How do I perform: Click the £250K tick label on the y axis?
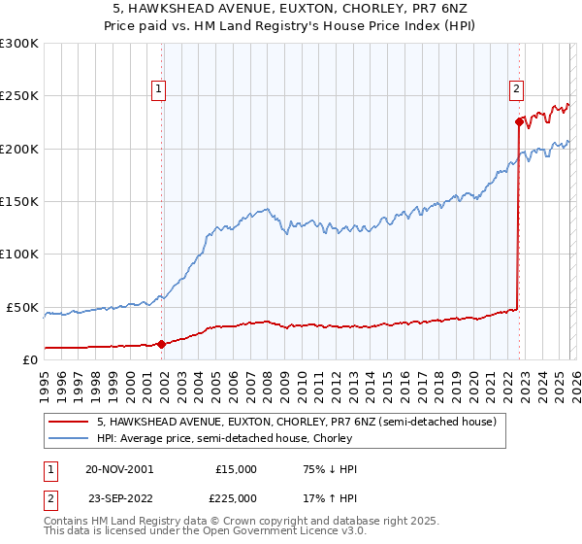(19, 96)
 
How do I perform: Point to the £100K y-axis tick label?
(19, 255)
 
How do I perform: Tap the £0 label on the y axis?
(30, 359)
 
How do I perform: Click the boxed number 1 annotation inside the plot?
(160, 89)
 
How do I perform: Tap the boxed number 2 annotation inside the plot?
(517, 89)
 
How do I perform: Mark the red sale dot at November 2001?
(161, 344)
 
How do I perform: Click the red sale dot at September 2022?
(518, 122)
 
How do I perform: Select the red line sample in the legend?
(69, 423)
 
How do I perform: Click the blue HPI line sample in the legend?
(69, 438)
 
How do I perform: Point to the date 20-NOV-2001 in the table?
(119, 469)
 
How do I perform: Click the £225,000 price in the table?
(236, 496)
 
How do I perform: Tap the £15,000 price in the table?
(236, 469)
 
